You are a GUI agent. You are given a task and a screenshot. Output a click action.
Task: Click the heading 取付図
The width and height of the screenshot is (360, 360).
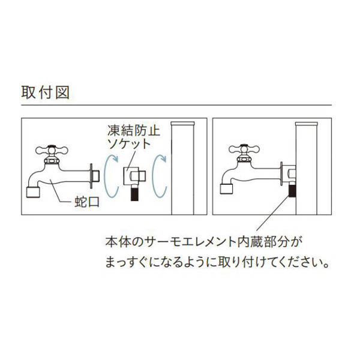[x=45, y=92]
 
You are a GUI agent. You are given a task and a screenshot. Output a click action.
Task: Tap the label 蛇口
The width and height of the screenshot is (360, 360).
[x=87, y=202]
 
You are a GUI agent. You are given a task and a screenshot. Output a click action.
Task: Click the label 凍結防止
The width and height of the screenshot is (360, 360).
[x=133, y=131]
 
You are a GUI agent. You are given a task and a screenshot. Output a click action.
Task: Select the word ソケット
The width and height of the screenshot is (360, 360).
[x=129, y=144]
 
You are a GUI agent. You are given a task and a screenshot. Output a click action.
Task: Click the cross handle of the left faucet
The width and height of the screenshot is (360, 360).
[x=52, y=150]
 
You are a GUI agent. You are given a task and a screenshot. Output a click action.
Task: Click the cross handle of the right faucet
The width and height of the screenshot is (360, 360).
[x=244, y=149]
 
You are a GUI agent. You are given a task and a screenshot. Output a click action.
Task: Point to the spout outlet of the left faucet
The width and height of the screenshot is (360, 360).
[x=33, y=193]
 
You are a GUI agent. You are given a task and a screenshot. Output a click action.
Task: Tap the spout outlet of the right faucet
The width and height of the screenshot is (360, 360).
[x=226, y=189]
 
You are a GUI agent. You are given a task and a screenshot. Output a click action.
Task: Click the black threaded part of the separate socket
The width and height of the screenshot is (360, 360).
[x=134, y=193]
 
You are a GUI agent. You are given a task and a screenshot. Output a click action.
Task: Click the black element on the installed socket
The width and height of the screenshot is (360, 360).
[x=292, y=190]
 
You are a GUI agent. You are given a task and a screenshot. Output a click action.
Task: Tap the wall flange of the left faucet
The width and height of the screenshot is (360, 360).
[x=91, y=176]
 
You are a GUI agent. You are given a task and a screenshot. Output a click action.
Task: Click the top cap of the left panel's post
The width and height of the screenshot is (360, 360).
[x=183, y=123]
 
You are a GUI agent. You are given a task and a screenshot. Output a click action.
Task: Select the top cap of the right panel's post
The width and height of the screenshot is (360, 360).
[x=307, y=124]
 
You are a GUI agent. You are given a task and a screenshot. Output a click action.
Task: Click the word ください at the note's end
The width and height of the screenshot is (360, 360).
[x=298, y=262]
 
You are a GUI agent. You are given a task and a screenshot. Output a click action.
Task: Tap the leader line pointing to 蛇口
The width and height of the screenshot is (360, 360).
[x=61, y=192]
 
